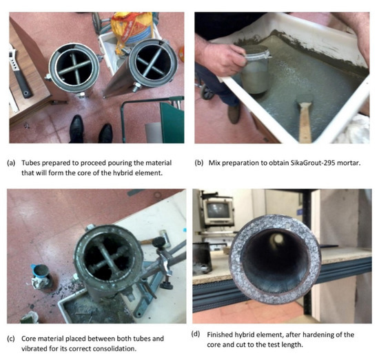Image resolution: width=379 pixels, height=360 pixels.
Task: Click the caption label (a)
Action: [11, 163]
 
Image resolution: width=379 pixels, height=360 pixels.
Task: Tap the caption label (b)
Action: [199, 163]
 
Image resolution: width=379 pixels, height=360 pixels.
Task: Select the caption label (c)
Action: [11, 339]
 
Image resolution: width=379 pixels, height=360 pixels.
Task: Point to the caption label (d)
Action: [196, 334]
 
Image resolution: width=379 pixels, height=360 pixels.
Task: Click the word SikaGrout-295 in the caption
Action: [287, 163]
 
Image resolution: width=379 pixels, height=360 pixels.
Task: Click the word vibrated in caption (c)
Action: [32, 349]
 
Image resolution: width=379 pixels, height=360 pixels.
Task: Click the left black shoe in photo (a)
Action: [76, 129]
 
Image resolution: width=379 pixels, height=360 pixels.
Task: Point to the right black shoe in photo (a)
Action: [105, 133]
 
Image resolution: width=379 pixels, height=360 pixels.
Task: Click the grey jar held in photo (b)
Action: [255, 70]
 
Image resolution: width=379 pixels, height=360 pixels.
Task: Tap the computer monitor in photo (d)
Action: [218, 211]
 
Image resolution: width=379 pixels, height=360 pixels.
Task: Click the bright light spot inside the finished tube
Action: [278, 239]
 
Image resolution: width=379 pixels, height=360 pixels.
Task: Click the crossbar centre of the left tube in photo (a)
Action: [75, 68]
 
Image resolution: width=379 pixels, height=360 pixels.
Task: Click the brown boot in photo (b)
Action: [235, 114]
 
